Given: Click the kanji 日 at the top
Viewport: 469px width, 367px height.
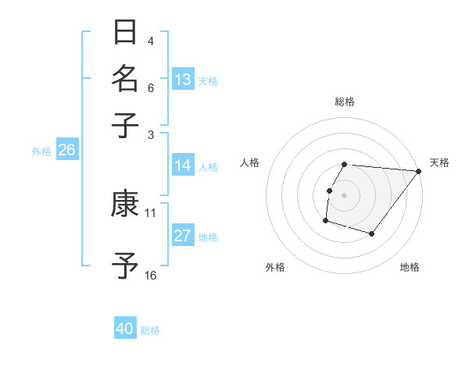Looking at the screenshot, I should click(x=125, y=34).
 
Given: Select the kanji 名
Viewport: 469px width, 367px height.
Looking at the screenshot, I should click(x=125, y=78).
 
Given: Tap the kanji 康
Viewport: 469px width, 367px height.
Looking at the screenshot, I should click(x=125, y=205).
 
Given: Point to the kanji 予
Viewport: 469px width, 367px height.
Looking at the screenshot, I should click(x=125, y=265).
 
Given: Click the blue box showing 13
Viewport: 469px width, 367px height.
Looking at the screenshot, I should click(x=183, y=80).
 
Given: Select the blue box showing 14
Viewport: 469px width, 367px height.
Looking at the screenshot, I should click(x=183, y=166).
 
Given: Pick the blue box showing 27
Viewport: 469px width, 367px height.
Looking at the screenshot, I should click(x=183, y=237).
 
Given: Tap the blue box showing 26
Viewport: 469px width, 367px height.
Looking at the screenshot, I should click(x=66, y=151).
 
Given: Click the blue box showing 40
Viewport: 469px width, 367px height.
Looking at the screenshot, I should click(x=125, y=330).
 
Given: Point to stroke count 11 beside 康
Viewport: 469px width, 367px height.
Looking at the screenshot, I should click(x=151, y=212).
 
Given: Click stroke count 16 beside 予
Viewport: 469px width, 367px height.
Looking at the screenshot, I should click(x=151, y=275).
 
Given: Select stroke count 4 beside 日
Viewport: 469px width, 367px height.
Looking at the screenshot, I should click(x=151, y=41).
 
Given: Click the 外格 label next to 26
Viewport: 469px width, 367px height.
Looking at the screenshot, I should click(x=41, y=151).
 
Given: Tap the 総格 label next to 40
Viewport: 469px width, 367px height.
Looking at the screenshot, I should click(x=150, y=330).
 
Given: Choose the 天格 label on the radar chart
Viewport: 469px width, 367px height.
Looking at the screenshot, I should click(x=439, y=162).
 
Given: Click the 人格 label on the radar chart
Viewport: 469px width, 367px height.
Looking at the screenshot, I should click(x=250, y=162).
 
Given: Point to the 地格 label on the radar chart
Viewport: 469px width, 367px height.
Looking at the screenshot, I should click(x=410, y=267).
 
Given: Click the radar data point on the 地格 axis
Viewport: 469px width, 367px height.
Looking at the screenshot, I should click(x=373, y=233).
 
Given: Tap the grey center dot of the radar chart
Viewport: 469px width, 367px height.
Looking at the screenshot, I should click(x=344, y=195).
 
